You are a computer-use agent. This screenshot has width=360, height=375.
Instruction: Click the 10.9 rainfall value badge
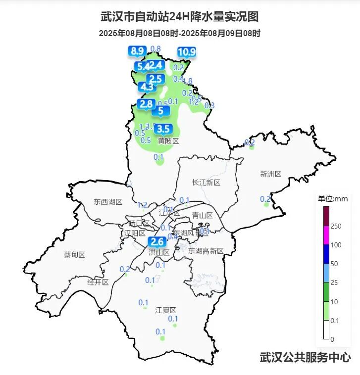pos(187,52)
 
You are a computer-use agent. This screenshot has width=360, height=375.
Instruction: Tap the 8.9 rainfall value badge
pos(137,50)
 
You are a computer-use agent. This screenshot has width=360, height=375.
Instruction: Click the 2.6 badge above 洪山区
pos(157,242)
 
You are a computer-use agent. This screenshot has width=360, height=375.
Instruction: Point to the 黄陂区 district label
pos(168,141)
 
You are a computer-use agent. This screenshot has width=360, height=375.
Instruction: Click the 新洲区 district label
pos(270,174)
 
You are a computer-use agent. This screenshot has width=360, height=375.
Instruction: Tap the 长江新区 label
pos(206,183)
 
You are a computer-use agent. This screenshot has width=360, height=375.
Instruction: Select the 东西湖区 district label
pos(107,202)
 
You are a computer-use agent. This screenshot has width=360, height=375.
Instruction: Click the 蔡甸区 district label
pos(74,255)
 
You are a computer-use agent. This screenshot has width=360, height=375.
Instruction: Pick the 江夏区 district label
pos(166,310)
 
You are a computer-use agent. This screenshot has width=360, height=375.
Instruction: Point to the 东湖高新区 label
pos(206,251)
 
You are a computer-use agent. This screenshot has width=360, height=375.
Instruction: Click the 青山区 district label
pos(202,215)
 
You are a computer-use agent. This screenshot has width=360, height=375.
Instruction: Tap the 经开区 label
pos(98,282)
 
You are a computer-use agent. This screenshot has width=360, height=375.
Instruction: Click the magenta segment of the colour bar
pos(326,235)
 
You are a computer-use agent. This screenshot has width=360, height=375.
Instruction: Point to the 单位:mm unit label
pos(333,199)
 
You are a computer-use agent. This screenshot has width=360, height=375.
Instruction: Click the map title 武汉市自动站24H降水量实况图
pos(179,17)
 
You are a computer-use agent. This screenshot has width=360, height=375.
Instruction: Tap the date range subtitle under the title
pos(179,34)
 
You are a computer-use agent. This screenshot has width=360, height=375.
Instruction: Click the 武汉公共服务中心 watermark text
pos(305,357)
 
